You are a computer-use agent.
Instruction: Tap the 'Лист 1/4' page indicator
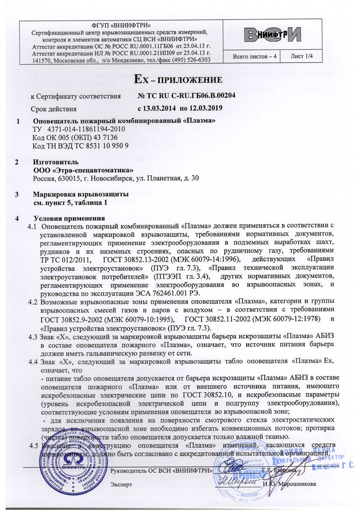click(305, 56)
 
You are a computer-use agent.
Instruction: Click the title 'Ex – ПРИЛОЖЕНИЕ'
click(179, 80)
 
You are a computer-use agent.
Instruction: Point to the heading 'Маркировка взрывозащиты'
click(81, 195)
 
